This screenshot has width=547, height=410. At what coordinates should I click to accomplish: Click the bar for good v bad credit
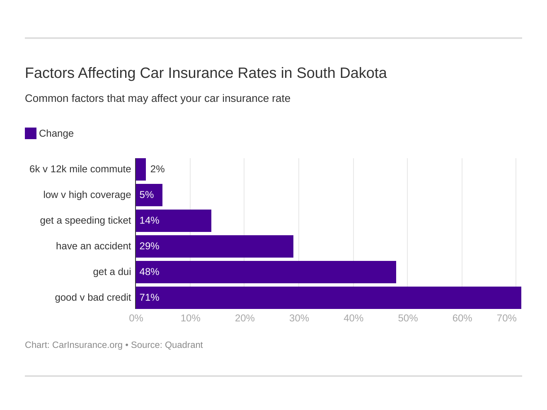pos(328,297)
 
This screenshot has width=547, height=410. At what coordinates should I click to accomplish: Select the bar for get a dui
pos(266,272)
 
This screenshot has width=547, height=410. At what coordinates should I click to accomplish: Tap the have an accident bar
pos(214,246)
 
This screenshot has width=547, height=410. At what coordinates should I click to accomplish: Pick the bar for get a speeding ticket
pos(173,220)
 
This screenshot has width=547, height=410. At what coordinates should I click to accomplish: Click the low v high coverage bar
pos(149,195)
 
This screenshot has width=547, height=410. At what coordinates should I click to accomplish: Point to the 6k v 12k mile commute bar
pos(140,169)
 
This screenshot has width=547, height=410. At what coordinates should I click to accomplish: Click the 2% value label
pos(157,169)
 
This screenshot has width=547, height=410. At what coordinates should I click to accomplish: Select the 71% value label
pos(149,297)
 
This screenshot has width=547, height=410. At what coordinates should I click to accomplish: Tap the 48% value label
pos(149,272)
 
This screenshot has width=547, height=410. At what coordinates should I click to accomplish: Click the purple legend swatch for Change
pos(31,133)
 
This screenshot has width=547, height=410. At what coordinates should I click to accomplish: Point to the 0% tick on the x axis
pos(136,318)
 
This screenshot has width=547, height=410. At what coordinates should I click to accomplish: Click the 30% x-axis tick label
pos(299,318)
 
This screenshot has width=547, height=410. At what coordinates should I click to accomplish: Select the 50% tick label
pos(408,318)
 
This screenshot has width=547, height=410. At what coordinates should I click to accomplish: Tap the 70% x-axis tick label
pos(506,318)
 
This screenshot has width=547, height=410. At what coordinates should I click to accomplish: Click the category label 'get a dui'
pos(112,272)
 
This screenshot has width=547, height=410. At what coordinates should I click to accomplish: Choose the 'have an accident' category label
pos(93,246)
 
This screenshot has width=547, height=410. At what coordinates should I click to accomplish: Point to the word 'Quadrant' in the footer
pos(184,345)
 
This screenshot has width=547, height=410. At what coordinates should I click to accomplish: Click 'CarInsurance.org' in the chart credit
pos(87,345)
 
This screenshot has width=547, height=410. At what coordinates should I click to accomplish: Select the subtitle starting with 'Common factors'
pos(157,99)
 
